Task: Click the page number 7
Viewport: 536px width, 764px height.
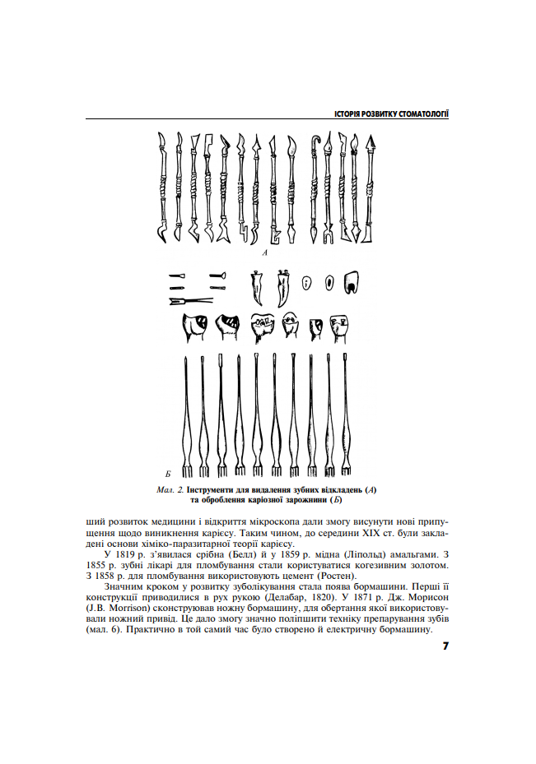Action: click(x=445, y=646)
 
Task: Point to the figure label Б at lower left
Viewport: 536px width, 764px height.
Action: click(x=167, y=474)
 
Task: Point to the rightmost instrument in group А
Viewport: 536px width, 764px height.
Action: click(x=369, y=188)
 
